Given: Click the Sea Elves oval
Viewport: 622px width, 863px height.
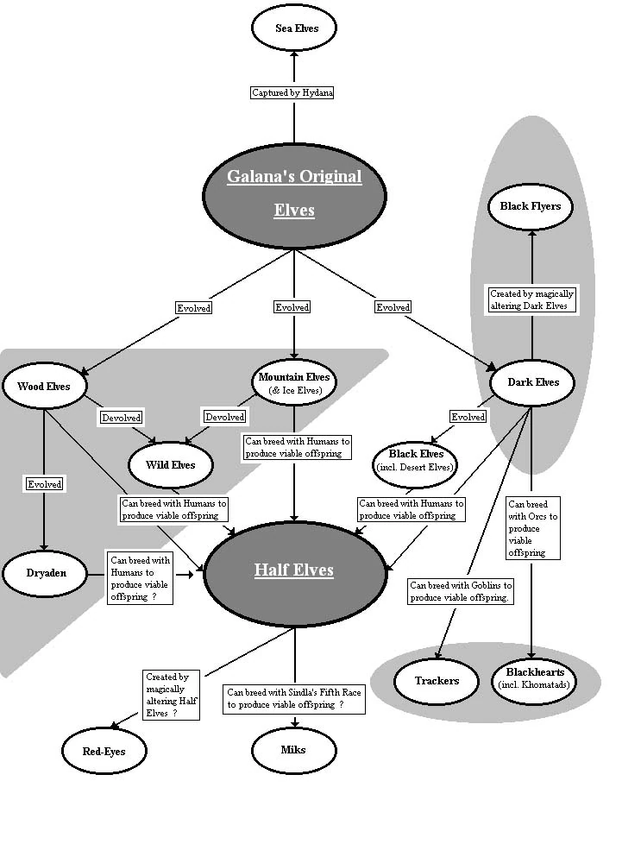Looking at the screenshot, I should tap(294, 28).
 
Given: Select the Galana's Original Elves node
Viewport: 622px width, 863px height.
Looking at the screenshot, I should tap(294, 193).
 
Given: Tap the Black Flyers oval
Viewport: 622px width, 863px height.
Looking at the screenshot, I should tap(531, 206).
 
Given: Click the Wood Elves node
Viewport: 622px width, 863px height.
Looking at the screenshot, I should tap(44, 386).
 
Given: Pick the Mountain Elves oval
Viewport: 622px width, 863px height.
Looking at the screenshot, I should tap(294, 383).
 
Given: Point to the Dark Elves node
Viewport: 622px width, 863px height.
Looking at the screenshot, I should tap(532, 382).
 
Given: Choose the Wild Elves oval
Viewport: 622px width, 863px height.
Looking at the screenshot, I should tap(171, 465).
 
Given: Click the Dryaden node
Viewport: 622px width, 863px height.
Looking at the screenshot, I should tap(45, 572).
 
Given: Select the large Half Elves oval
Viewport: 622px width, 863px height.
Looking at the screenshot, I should tap(294, 570).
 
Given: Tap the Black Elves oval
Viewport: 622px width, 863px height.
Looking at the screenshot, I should tap(416, 460).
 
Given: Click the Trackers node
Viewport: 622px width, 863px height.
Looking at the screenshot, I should tap(437, 681).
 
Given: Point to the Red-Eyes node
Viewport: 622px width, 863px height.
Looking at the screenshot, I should tap(104, 751).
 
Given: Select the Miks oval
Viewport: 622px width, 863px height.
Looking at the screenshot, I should tap(293, 749).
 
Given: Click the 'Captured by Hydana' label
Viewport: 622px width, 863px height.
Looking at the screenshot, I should tap(294, 92).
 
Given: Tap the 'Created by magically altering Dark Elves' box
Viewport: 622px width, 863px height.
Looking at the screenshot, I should tap(531, 299).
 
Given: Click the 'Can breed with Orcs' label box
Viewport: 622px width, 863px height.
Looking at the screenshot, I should tap(533, 527).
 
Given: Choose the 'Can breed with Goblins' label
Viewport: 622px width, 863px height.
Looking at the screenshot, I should tap(461, 591).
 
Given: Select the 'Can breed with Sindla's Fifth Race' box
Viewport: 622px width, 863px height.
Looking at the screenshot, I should tap(294, 698).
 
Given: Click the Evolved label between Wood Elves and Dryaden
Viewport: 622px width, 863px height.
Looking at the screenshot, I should tap(44, 484).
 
